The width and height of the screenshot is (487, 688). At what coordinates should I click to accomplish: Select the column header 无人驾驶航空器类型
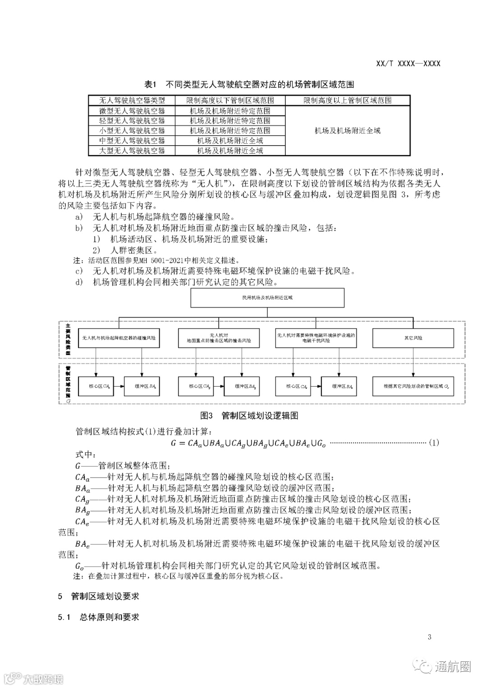pos(132,100)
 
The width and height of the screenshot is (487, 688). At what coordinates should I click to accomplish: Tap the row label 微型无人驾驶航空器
pos(132,111)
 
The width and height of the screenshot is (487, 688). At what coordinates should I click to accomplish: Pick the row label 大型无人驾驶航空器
pos(132,150)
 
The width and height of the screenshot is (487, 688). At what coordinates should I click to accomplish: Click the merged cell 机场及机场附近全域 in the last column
pos(347,131)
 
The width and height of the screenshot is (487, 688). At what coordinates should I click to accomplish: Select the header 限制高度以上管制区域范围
pos(347,100)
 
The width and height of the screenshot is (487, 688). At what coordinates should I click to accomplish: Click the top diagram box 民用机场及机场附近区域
pos(267,297)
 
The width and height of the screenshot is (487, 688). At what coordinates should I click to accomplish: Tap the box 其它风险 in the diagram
pos(413,338)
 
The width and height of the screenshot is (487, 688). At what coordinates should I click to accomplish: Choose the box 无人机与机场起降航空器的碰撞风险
pos(119,338)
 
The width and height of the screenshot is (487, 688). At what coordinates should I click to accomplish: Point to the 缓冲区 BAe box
pos(343,387)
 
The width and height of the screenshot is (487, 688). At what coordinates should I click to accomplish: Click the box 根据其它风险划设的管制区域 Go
pos(413,387)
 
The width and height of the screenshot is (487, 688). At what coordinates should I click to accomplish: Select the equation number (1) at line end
pos(433,443)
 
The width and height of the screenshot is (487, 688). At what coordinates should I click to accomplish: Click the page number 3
pos(429,637)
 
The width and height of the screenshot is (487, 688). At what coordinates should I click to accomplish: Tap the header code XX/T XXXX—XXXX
pos(408,64)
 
